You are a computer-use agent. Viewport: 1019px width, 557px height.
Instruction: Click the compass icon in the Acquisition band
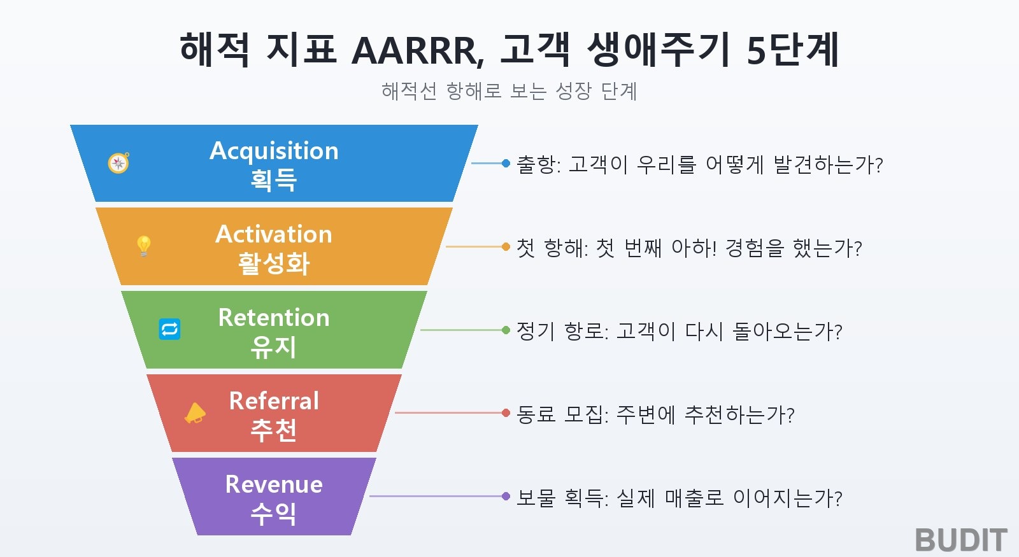pyautogui.click(x=118, y=163)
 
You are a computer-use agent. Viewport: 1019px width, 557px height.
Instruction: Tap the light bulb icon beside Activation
pyautogui.click(x=144, y=246)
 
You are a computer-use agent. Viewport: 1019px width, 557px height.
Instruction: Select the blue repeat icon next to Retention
pyautogui.click(x=169, y=329)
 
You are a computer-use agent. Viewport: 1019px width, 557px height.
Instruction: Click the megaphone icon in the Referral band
pyautogui.click(x=195, y=413)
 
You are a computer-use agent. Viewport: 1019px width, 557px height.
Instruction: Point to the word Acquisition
pyautogui.click(x=274, y=152)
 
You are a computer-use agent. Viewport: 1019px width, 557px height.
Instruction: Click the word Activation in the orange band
pyautogui.click(x=274, y=234)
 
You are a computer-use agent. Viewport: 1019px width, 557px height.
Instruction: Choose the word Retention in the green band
pyautogui.click(x=274, y=318)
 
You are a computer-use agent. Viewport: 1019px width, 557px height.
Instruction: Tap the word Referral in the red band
pyautogui.click(x=274, y=401)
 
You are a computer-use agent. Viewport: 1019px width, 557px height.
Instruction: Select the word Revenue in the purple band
pyautogui.click(x=274, y=484)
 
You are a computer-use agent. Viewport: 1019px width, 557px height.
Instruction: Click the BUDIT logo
pyautogui.click(x=961, y=540)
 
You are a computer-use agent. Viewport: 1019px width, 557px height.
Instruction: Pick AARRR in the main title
pyautogui.click(x=418, y=51)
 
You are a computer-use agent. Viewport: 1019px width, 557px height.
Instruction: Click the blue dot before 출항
pyautogui.click(x=506, y=163)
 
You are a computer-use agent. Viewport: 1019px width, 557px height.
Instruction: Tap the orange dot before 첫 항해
pyautogui.click(x=506, y=246)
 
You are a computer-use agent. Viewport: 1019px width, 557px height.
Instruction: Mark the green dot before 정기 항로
pyautogui.click(x=506, y=330)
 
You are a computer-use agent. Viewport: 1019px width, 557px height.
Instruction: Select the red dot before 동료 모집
pyautogui.click(x=506, y=413)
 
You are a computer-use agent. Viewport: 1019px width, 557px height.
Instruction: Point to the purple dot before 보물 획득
pyautogui.click(x=506, y=496)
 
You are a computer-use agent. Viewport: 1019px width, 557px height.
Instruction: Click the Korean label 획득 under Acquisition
pyautogui.click(x=274, y=180)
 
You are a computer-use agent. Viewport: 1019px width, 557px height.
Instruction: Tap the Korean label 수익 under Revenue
pyautogui.click(x=274, y=514)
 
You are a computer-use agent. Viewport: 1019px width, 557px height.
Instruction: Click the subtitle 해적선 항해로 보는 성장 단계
pyautogui.click(x=509, y=91)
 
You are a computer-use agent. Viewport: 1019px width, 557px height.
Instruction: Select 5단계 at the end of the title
pyautogui.click(x=793, y=50)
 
